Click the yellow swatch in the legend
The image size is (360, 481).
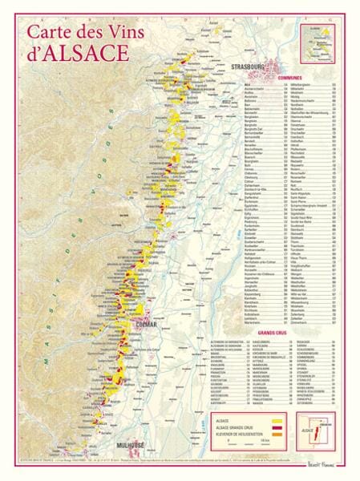pyautogui.click(x=279, y=420)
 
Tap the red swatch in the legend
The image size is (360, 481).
pyautogui.click(x=279, y=427)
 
